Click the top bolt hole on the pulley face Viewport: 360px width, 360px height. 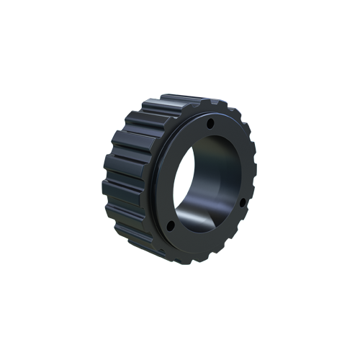[210, 124]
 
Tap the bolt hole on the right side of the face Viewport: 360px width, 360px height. [242, 202]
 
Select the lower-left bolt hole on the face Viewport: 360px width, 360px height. [171, 227]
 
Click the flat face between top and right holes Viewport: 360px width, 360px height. [234, 155]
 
